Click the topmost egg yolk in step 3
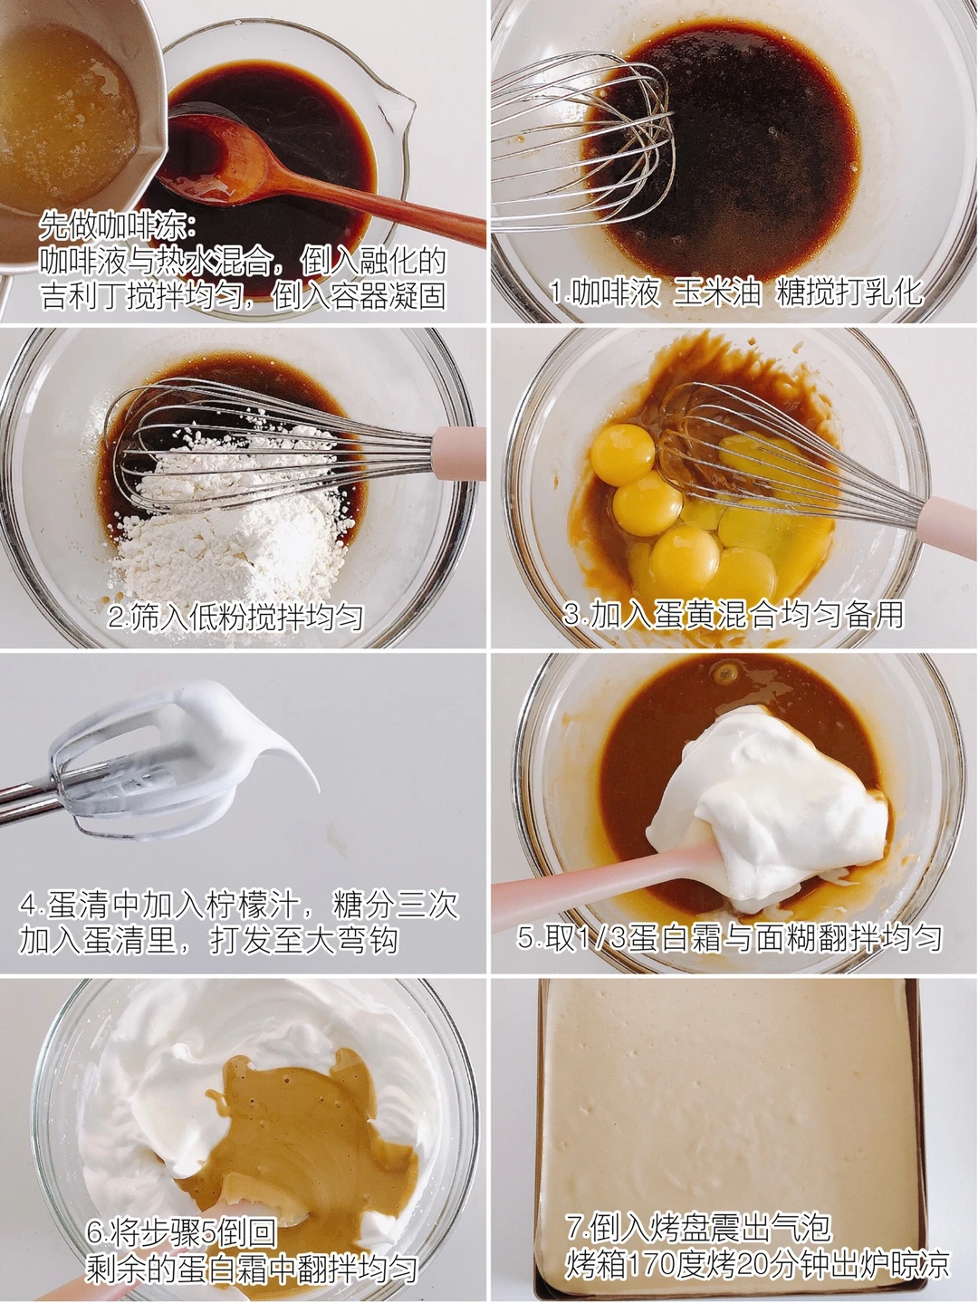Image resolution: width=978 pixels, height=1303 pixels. [x=622, y=455]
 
